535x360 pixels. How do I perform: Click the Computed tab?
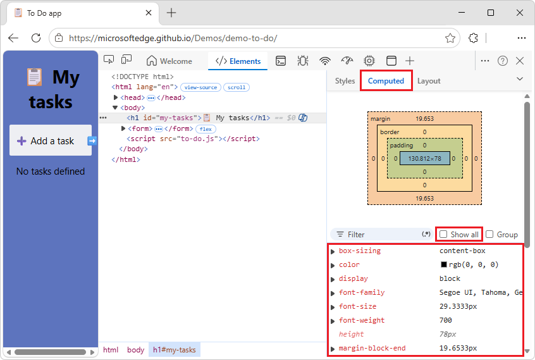(386, 81)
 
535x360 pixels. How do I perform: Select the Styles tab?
(345, 81)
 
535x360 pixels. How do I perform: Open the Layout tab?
(429, 81)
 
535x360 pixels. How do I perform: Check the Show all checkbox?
(443, 235)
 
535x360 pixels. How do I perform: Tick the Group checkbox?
(489, 234)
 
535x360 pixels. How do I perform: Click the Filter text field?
(381, 235)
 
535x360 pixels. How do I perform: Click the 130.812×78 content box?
(424, 158)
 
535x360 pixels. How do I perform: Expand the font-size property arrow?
(333, 307)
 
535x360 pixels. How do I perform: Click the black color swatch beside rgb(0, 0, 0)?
(443, 264)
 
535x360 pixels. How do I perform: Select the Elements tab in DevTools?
(238, 61)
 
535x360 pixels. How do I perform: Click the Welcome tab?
(169, 61)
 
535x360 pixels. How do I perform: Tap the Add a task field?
(51, 140)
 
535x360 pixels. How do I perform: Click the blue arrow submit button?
(92, 140)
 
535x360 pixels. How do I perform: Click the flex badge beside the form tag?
(206, 129)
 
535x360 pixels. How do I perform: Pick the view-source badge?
(200, 87)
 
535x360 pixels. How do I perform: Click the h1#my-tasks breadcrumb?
(175, 350)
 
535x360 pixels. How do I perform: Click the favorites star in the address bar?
(450, 38)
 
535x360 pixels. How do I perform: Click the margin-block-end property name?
(372, 348)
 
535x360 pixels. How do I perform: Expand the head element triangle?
(116, 97)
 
